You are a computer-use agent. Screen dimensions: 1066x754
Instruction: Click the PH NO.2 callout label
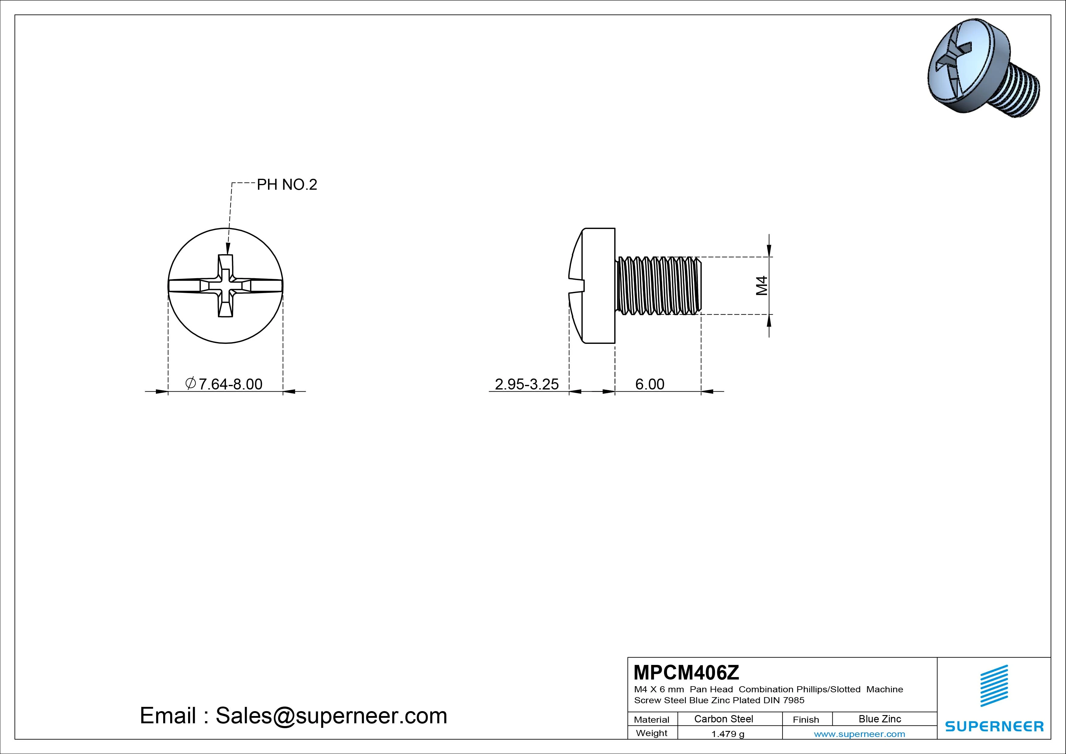pos(287,185)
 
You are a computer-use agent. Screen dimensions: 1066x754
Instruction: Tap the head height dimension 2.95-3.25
pos(527,384)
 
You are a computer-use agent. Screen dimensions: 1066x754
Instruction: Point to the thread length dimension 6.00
pos(649,384)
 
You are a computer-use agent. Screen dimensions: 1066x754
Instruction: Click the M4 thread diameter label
pos(762,286)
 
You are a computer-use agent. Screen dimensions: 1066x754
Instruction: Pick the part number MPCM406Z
pos(686,672)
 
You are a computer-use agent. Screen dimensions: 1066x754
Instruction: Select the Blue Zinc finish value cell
pos(880,719)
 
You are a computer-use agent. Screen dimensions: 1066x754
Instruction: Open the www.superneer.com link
pos(859,734)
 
